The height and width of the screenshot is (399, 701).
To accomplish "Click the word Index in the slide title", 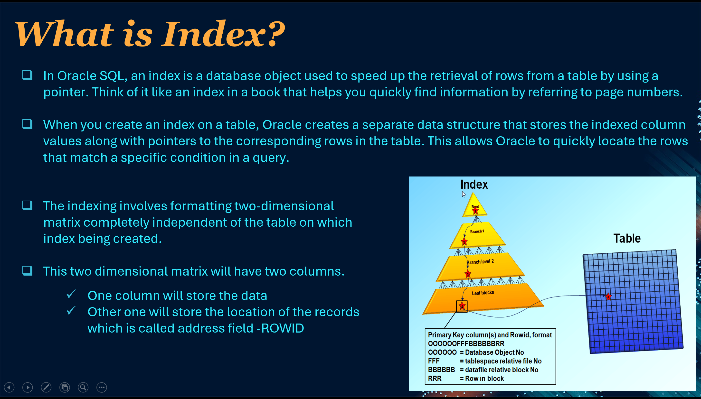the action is point(214,34).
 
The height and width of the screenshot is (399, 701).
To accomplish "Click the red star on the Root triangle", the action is point(475,211).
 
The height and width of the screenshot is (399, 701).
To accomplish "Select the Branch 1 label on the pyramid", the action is point(477,232).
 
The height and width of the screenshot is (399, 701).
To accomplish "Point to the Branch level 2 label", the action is point(480,262).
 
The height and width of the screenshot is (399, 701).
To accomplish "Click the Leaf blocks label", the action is point(483,293).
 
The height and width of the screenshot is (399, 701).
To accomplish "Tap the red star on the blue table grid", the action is point(608,297).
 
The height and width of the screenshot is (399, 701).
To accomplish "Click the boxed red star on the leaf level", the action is point(462,306).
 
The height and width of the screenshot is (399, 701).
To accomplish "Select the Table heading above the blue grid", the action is point(627,238).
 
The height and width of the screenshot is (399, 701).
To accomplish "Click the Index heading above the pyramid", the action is point(474,185).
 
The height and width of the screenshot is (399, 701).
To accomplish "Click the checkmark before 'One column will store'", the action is point(71,294).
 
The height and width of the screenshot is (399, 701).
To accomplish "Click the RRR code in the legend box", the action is point(435,379).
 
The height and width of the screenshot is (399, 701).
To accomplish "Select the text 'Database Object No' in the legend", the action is point(494,353).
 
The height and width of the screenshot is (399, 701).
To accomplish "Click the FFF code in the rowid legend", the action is point(434,361).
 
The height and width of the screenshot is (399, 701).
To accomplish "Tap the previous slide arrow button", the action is point(9,388).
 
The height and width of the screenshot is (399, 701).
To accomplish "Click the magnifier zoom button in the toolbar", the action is point(83,388).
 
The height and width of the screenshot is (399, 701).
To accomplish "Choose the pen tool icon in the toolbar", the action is point(46,388).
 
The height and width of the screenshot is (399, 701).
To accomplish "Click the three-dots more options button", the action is point(102,388).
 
